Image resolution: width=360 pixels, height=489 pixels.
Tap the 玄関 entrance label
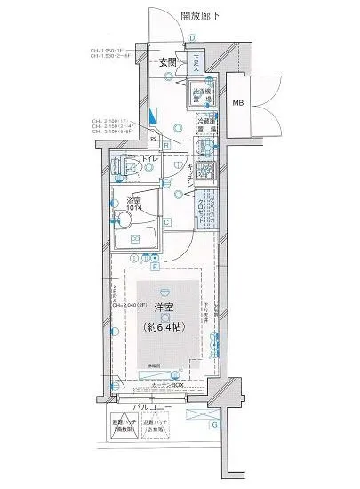pyautogui.click(x=168, y=62)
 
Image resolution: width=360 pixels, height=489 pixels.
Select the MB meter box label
pyautogui.click(x=239, y=104)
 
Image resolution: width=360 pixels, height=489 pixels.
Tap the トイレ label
pyautogui.click(x=148, y=160)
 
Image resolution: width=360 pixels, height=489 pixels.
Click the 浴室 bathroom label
pyautogui.click(x=135, y=200)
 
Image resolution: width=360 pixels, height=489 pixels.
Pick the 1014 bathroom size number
pyautogui.click(x=135, y=210)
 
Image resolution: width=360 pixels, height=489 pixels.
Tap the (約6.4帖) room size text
pyautogui.click(x=164, y=327)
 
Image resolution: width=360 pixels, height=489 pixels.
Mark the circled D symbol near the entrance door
pyautogui.click(x=191, y=37)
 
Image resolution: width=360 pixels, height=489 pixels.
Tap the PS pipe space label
pyautogui.click(x=153, y=139)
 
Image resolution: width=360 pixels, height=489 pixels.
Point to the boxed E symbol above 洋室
pyautogui.click(x=156, y=266)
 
